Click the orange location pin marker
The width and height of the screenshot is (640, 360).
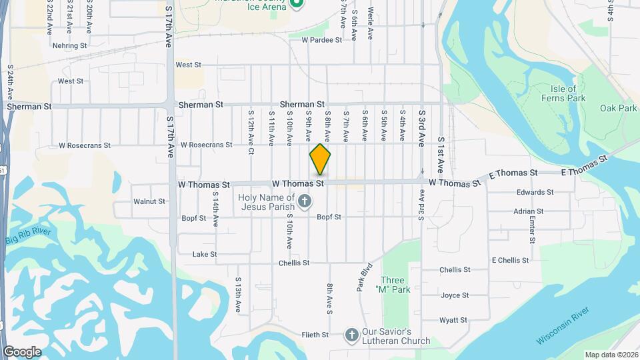(x=320, y=159)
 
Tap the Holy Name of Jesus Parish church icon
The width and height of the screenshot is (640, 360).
(x=304, y=201)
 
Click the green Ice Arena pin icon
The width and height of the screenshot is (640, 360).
(x=297, y=4)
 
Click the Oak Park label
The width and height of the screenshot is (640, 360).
(x=618, y=108)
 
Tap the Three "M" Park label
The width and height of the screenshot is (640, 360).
(x=395, y=285)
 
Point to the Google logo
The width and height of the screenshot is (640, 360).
(x=22, y=351)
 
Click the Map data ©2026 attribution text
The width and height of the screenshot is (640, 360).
(x=611, y=355)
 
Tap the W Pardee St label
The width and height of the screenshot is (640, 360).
(x=321, y=40)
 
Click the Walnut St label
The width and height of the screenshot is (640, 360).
(x=149, y=201)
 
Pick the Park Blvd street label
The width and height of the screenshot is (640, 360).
(x=364, y=280)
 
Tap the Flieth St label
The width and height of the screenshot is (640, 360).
(x=315, y=335)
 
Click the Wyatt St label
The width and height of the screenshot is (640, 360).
(x=454, y=321)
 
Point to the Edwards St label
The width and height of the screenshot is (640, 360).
(x=535, y=193)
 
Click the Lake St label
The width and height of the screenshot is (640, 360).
(x=204, y=255)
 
